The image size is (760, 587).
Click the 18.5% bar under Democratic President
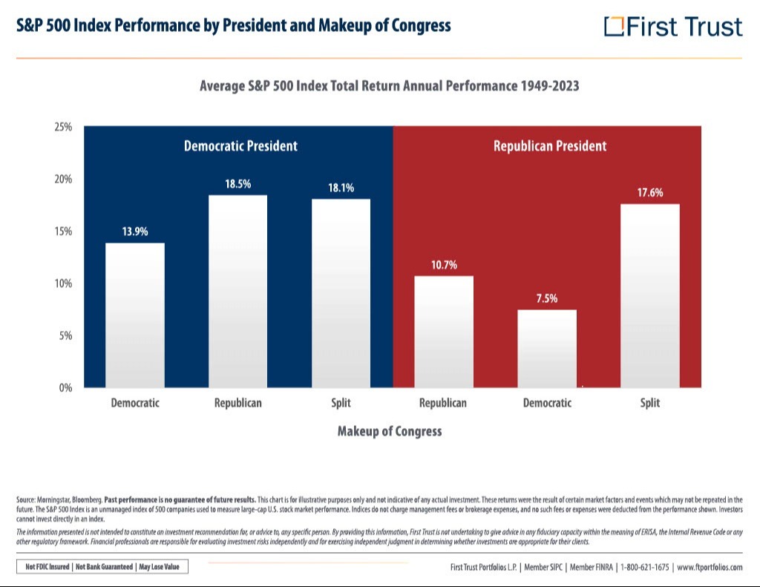click(x=237, y=291)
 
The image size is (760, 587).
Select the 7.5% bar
click(x=547, y=348)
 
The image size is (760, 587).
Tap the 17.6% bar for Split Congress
click(x=649, y=295)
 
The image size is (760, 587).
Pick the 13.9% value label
click(x=135, y=232)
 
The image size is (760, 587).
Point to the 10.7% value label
click(x=444, y=264)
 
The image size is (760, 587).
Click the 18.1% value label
click(x=341, y=188)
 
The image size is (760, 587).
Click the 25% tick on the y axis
click(x=63, y=127)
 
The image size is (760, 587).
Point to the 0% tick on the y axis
click(x=65, y=387)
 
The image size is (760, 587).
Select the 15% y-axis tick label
click(x=63, y=232)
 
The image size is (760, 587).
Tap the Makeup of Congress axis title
click(x=390, y=431)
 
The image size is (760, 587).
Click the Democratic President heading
click(x=240, y=146)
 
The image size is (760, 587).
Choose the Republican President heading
click(x=550, y=146)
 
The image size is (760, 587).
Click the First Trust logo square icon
click(x=614, y=27)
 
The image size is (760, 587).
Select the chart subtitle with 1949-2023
click(x=389, y=86)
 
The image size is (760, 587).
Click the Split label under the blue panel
click(x=341, y=403)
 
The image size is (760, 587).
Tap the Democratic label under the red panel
click(x=547, y=403)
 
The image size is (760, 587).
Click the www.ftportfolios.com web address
click(x=710, y=567)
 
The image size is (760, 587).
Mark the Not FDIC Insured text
click(x=47, y=567)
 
